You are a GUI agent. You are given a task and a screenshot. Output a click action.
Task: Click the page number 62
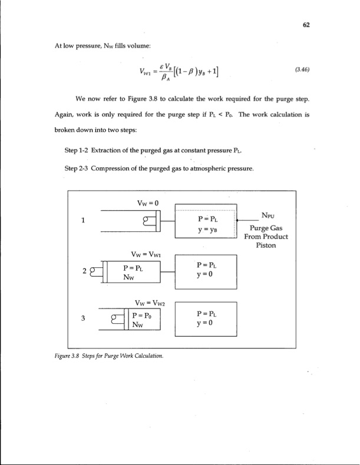[306, 25]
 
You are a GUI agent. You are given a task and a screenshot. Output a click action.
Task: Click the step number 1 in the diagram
[84, 222]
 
